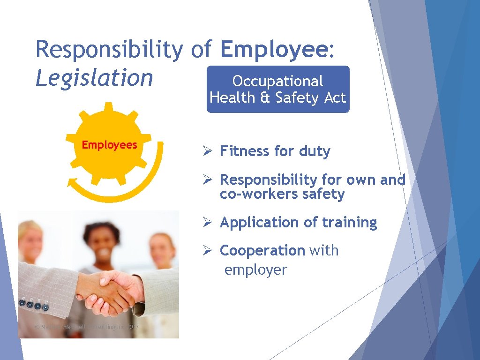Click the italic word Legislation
94,78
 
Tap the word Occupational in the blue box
277,81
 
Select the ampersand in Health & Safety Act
267,97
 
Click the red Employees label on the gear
109,145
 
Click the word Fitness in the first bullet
245,151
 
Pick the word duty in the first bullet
314,151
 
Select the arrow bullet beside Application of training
208,223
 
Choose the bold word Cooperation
262,251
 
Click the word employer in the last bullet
255,270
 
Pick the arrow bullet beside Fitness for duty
208,151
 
